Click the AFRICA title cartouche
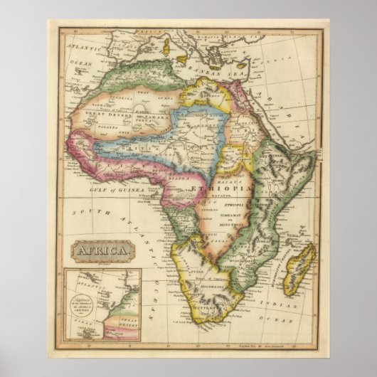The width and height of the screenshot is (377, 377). tap(100, 250)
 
